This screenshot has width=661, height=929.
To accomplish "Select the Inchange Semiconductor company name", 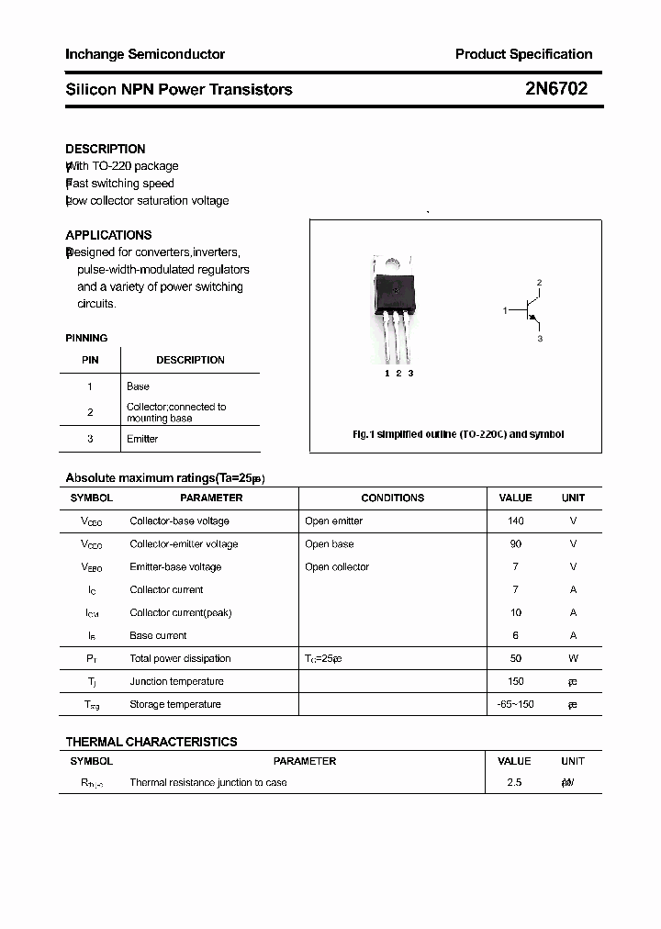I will [x=145, y=54].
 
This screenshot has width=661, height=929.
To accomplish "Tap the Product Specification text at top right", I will [x=523, y=54].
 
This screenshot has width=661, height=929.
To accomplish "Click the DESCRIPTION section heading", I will [x=106, y=149].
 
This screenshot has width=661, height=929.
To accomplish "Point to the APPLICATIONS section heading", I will [x=108, y=235].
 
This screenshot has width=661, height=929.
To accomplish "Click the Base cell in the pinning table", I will [x=138, y=386].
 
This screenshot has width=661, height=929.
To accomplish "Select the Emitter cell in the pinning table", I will [x=142, y=439].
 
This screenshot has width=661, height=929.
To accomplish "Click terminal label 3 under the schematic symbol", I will [x=540, y=339].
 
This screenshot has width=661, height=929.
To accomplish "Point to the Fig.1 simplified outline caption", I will [x=458, y=434].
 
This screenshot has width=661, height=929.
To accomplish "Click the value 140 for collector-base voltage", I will [x=515, y=520].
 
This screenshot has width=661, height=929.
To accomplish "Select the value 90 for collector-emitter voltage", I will [x=515, y=543].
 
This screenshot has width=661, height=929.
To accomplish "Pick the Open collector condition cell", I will [x=337, y=566].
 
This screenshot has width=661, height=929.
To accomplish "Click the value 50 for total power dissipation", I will [x=515, y=658].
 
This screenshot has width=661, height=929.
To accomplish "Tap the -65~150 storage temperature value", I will [x=515, y=704].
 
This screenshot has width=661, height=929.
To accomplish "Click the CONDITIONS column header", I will [x=392, y=498].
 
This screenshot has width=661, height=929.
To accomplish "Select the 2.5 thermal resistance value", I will [x=514, y=782].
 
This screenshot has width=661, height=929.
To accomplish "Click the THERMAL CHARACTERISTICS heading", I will [x=151, y=742].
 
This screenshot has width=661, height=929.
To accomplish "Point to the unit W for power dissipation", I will [x=573, y=658].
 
